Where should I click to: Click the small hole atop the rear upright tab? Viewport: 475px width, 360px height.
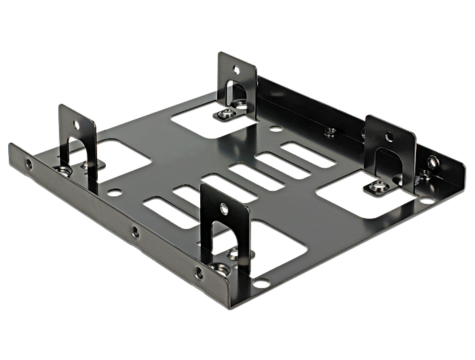click(x=236, y=69)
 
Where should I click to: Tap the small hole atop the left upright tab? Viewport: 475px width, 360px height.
click(x=76, y=125)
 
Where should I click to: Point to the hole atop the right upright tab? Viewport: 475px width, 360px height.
click(x=389, y=137)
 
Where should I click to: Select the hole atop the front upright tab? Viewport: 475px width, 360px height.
click(x=224, y=209)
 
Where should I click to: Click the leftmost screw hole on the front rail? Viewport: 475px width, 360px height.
click(x=28, y=164)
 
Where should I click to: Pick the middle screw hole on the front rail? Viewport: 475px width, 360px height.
click(x=136, y=232)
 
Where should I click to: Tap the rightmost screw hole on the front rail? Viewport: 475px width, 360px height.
click(x=199, y=274)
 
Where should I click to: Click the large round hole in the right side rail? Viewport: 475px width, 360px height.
click(x=432, y=162)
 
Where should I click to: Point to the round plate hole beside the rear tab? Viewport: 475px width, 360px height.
click(x=275, y=128)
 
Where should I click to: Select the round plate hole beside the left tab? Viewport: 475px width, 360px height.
click(x=114, y=193)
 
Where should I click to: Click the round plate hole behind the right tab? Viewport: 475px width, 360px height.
click(x=426, y=200)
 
